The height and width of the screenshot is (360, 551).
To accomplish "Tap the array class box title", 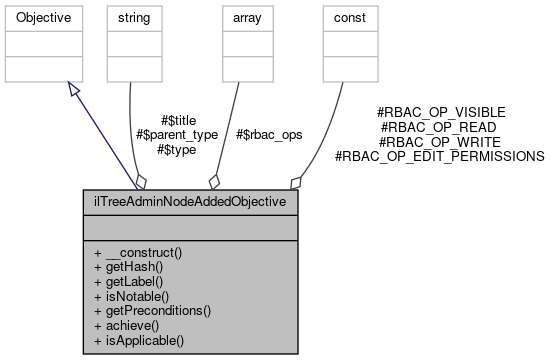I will (x=244, y=18).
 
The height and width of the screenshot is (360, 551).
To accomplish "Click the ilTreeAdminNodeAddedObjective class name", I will (x=190, y=201).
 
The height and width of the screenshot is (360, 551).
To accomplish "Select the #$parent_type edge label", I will (x=176, y=134).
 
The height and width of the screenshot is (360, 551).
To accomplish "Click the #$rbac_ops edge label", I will (x=269, y=134).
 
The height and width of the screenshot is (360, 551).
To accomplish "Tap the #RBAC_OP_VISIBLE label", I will (x=440, y=113).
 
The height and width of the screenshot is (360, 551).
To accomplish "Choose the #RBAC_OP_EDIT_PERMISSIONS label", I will (x=440, y=156).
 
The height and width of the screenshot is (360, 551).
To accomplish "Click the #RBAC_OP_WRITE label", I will (x=440, y=142).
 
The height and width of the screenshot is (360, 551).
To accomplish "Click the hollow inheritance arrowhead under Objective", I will (x=72, y=89).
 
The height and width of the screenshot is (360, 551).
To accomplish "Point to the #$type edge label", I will (x=176, y=149).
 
